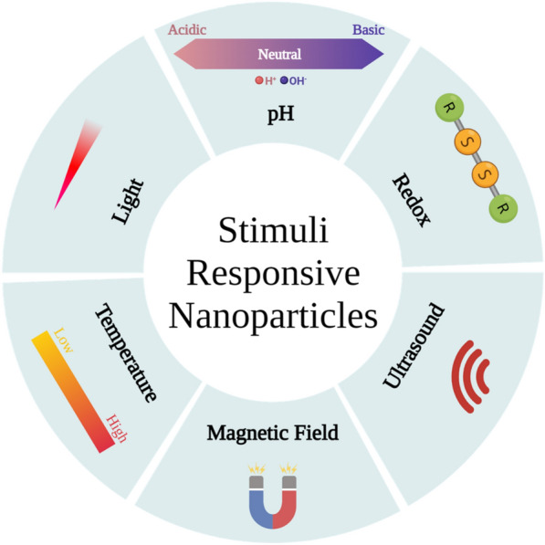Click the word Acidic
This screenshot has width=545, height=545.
[x=187, y=30]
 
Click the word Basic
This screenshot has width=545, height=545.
[x=369, y=30]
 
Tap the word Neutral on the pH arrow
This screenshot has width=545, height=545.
[x=279, y=54]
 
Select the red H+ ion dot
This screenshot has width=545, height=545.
[x=259, y=80]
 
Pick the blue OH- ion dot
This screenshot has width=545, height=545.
[x=284, y=80]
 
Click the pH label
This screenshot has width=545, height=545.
[x=281, y=114]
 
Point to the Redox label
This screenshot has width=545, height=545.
[x=411, y=200]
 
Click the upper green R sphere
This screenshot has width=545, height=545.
[x=449, y=108]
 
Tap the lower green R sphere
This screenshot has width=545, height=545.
[x=503, y=208]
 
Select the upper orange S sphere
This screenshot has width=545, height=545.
[x=467, y=141]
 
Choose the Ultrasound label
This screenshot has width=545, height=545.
[x=414, y=345]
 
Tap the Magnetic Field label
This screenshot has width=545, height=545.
[x=272, y=433]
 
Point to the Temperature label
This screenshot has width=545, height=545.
[x=126, y=352]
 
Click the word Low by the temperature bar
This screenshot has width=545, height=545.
[x=64, y=341]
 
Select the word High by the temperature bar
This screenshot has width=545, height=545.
[x=117, y=428]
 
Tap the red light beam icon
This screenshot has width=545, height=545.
[x=78, y=164]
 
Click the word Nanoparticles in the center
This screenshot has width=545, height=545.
[x=273, y=316]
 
